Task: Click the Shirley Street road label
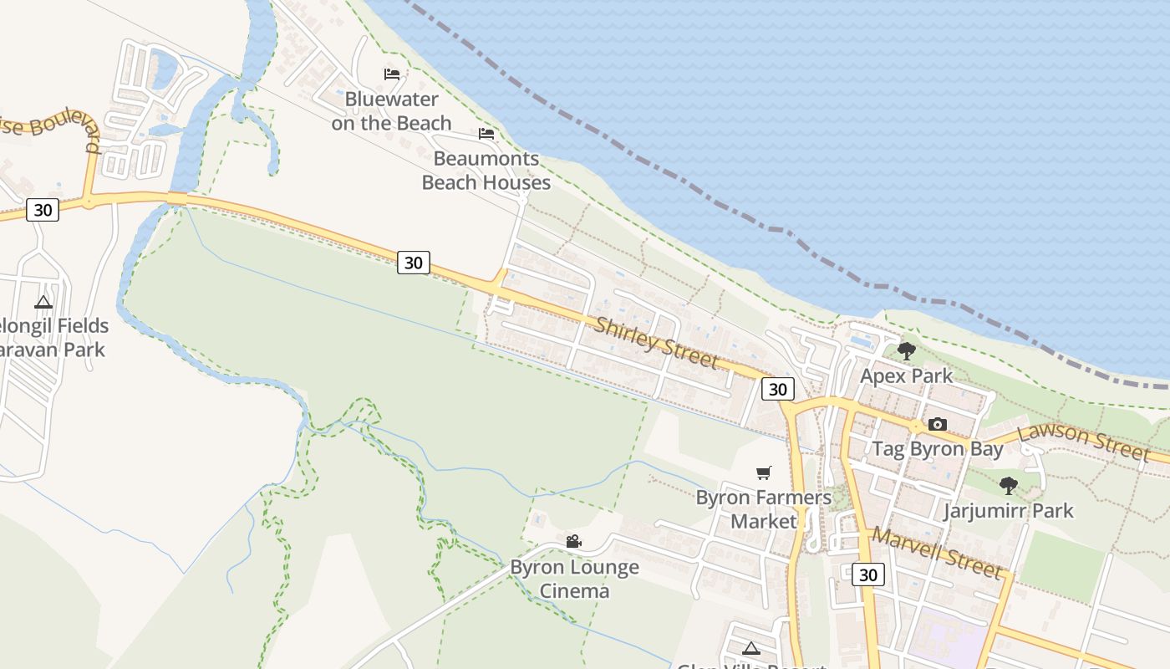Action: tap(656, 341)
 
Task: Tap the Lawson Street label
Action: tap(1084, 441)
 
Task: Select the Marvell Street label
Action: tap(936, 553)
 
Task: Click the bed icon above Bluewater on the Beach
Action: tap(391, 74)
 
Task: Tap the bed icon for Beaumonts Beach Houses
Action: tap(486, 133)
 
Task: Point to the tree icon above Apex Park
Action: tap(906, 350)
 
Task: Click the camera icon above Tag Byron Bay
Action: tap(938, 424)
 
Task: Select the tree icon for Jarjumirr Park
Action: tap(1009, 485)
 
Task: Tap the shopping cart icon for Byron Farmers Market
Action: tap(763, 472)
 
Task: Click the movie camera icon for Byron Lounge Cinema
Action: tap(573, 542)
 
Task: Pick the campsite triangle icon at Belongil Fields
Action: tap(43, 301)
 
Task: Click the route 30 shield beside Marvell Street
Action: tap(868, 575)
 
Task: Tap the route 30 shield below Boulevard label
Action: tap(42, 209)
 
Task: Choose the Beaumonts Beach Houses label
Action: tap(486, 171)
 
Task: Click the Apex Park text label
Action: tap(906, 375)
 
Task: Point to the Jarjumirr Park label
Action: tap(1008, 510)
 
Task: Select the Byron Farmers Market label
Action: tap(764, 509)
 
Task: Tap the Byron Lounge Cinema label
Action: tap(574, 579)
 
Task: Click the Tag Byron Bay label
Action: tap(938, 449)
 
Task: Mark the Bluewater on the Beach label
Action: tap(391, 111)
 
